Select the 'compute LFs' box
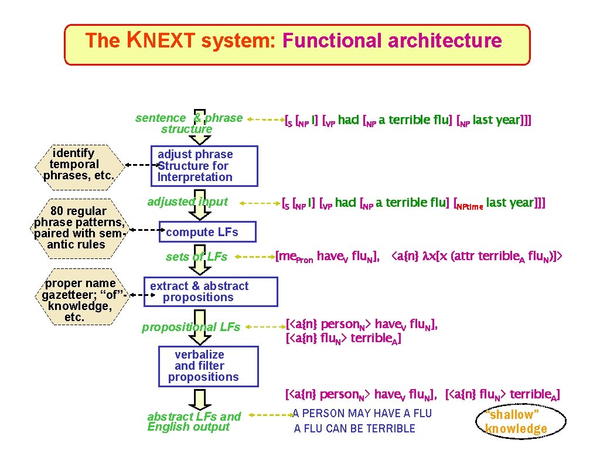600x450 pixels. point(202,232)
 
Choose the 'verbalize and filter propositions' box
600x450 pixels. point(199,366)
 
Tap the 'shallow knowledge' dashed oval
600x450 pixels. point(516,421)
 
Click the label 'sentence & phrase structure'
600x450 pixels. point(189,123)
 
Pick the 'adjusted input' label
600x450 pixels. point(187,202)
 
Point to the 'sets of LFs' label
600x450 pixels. point(196,256)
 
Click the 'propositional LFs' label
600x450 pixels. point(191,327)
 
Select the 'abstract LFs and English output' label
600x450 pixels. point(193,421)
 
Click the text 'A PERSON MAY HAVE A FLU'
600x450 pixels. point(362,414)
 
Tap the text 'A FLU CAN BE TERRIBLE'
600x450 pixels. point(354,428)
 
